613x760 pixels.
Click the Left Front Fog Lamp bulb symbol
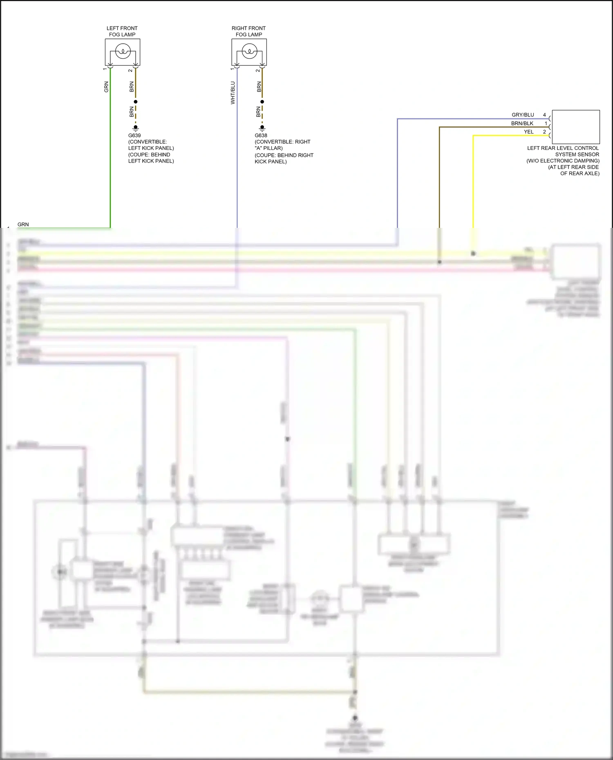[123, 52]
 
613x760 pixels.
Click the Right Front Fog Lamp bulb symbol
[249, 52]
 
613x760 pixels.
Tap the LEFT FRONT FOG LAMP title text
[122, 31]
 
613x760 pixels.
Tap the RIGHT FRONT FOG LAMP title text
[248, 31]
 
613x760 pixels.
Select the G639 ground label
[134, 136]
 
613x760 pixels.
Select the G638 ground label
[261, 136]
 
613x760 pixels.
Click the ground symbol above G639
[136, 128]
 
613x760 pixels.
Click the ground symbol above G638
[262, 128]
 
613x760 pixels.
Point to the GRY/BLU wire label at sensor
[523, 115]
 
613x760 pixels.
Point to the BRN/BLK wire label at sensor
[522, 123]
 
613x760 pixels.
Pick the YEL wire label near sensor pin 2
[528, 132]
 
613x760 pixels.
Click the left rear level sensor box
[575, 127]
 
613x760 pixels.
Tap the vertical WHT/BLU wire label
[233, 93]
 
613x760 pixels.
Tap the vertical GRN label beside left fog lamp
[106, 87]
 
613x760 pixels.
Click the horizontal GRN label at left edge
[23, 225]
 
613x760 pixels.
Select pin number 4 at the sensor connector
[544, 115]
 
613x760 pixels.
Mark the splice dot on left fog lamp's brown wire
[136, 102]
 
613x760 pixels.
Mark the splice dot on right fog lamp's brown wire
[262, 102]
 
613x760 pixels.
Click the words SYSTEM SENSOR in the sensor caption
[577, 154]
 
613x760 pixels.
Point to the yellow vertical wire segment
[473, 184]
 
